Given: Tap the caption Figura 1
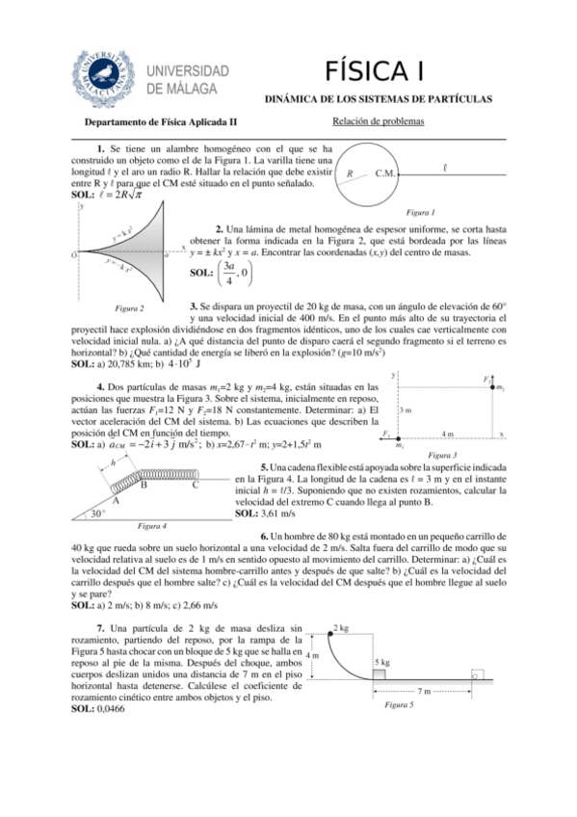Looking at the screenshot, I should coord(420,212).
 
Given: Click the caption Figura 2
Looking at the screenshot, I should coord(129,308).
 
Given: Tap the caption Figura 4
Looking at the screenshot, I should coord(153,526).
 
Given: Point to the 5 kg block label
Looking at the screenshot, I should coord(381,663).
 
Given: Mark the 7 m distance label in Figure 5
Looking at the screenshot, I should coord(425,692).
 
